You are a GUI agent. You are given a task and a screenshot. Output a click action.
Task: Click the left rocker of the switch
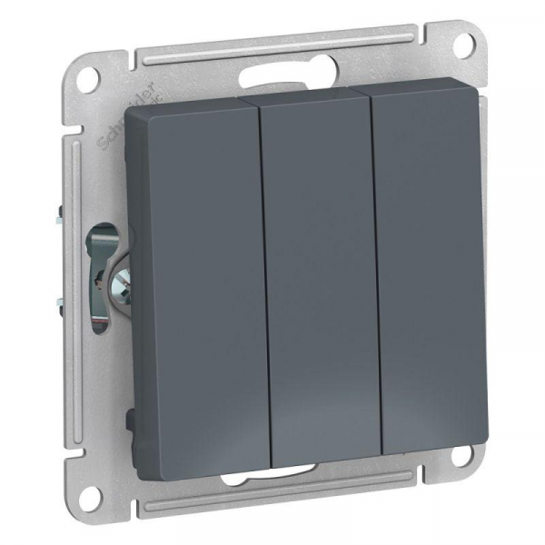coord(195,272)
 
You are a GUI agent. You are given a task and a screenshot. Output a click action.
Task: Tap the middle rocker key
coord(318,272)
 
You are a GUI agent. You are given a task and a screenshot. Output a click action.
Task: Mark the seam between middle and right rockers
coord(375,272)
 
